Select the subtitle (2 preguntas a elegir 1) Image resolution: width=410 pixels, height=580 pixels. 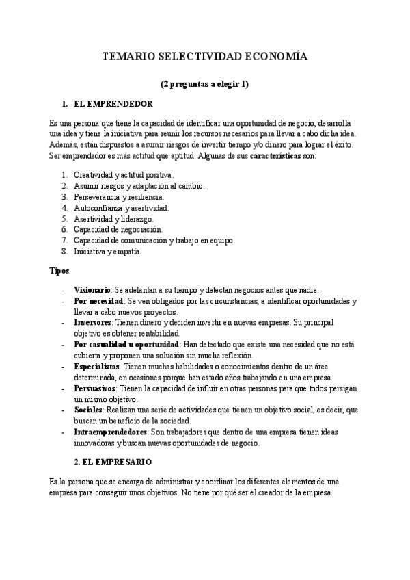204,85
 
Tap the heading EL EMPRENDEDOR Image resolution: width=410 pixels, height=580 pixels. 117,104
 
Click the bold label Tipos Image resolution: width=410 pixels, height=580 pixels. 59,270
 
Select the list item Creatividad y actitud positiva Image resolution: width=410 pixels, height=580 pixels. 124,175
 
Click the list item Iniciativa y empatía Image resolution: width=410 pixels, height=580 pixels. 108,251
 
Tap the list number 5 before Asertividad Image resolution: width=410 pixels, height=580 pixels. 64,219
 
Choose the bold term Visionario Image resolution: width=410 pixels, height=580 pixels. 92,290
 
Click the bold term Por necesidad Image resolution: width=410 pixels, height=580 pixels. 98,301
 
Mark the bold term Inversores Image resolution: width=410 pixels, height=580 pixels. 94,322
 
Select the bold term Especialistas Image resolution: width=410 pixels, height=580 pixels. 96,367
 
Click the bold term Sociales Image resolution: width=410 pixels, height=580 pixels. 88,409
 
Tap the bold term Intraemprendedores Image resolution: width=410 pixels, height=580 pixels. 110,432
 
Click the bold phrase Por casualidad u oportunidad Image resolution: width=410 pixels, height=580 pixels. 126,344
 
